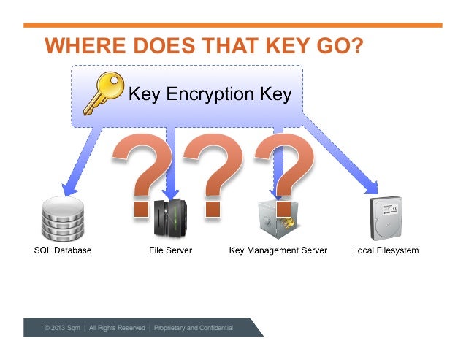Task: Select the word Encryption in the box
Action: click(210, 94)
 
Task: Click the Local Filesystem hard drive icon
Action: click(385, 218)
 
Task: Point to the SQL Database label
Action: click(63, 250)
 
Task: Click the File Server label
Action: click(170, 250)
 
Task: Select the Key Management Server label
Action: click(278, 250)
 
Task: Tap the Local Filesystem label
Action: click(386, 250)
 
